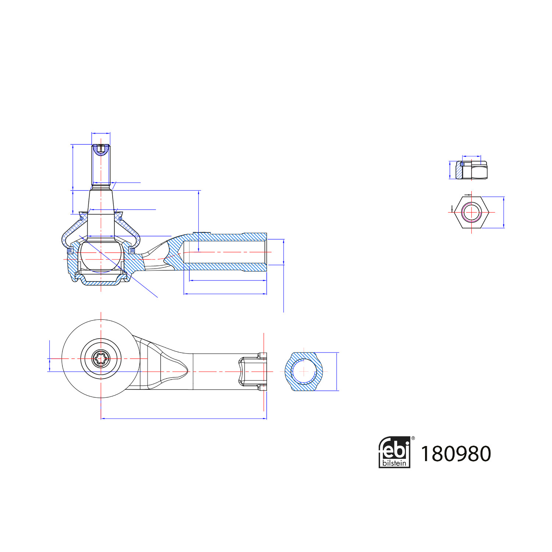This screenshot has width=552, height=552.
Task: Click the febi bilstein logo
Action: click(x=394, y=452)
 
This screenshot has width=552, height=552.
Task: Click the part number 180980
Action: click(x=456, y=454)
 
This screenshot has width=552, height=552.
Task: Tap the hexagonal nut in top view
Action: click(x=471, y=212)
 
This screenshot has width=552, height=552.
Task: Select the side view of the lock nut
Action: click(x=472, y=170)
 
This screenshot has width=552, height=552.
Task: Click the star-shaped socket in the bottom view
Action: click(x=100, y=358)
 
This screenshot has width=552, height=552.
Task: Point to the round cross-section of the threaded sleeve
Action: click(x=304, y=371)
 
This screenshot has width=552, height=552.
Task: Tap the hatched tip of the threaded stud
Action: click(x=101, y=149)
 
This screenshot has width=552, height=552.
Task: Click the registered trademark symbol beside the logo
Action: click(x=413, y=438)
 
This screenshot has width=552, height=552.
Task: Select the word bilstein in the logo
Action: click(x=394, y=463)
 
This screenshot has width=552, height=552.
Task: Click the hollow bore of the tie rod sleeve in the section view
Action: click(x=224, y=252)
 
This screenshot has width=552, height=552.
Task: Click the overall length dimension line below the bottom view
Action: click(x=184, y=418)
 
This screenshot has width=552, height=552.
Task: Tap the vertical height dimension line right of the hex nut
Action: click(x=503, y=212)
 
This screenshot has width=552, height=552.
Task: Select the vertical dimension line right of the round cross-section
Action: click(x=337, y=371)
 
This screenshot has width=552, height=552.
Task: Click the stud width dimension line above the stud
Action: click(x=101, y=133)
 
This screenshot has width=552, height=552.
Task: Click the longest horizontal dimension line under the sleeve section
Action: click(x=225, y=294)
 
